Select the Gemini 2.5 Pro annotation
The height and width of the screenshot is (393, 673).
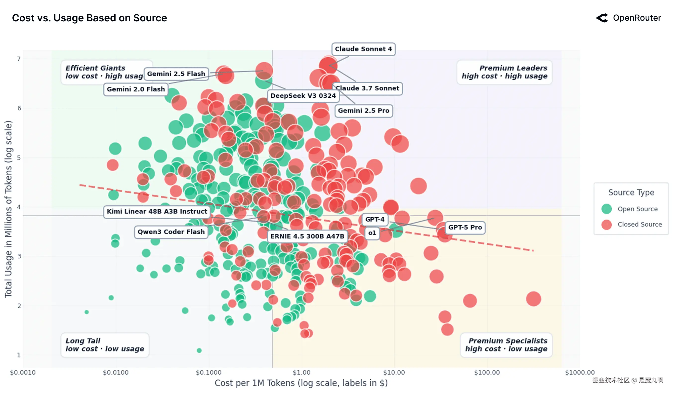(364, 111)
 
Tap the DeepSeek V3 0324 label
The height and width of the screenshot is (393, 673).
(303, 96)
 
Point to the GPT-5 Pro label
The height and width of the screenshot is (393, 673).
(465, 228)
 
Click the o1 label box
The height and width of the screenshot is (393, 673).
(372, 233)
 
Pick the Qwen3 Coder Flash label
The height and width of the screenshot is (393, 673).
(171, 232)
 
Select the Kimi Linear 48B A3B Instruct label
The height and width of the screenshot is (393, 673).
(157, 211)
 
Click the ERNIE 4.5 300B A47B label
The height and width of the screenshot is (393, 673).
(307, 236)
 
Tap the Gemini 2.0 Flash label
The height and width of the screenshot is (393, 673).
(136, 89)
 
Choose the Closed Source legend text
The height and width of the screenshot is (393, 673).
(640, 225)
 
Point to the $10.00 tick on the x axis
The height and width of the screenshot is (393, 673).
(394, 372)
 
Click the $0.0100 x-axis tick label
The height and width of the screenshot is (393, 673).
(116, 372)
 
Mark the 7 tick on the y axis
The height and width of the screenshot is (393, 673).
(19, 59)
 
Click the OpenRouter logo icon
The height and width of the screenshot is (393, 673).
(602, 18)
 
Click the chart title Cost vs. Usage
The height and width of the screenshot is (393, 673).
(89, 18)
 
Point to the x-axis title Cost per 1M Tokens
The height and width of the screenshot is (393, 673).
(301, 383)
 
